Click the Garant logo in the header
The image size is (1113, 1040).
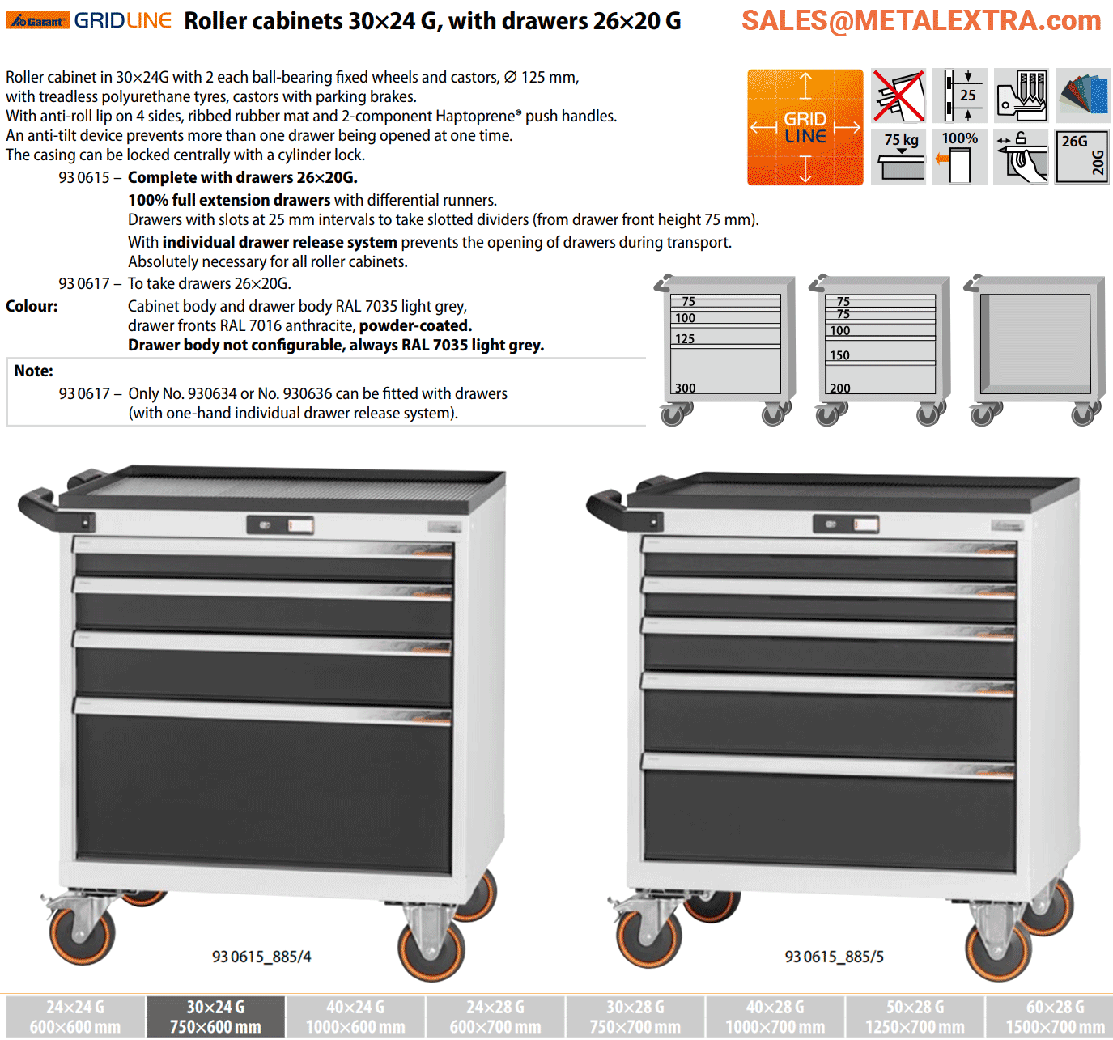click(37, 21)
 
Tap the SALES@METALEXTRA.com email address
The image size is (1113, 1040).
click(921, 21)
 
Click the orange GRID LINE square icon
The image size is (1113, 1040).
click(805, 127)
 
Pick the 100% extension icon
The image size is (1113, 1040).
click(959, 157)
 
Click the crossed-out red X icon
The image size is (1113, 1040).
click(898, 96)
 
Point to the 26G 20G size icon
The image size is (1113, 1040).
click(1081, 157)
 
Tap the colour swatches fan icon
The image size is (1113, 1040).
click(1083, 96)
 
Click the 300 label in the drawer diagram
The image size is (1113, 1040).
click(685, 388)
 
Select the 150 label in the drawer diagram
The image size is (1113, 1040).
click(839, 355)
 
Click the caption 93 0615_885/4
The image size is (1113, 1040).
click(261, 957)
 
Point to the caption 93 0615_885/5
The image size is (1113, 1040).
click(834, 957)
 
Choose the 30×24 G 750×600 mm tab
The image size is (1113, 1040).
click(216, 1017)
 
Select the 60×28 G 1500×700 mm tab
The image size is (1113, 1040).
click(1055, 1017)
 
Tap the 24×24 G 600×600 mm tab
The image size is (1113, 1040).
click(75, 1017)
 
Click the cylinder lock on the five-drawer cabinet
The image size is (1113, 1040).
click(831, 524)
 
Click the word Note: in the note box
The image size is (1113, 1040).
click(33, 371)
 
